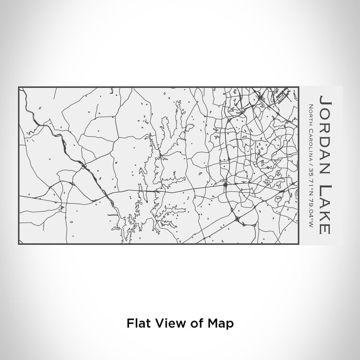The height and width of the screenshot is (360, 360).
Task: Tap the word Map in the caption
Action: point(223,323)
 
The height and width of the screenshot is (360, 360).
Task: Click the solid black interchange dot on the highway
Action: point(225,183)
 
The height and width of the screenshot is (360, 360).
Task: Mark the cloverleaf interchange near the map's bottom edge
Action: point(237,219)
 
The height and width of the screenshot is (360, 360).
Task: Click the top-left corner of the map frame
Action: point(19,87)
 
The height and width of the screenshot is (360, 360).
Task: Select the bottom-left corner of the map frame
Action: point(19,244)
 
